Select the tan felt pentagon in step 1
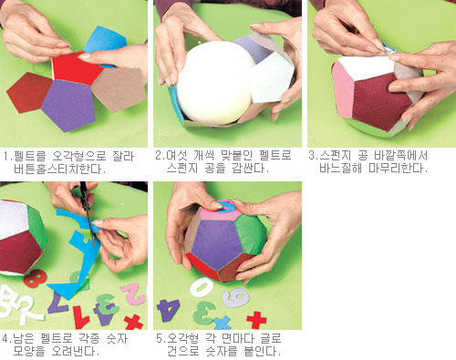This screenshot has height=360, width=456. tap(119, 88)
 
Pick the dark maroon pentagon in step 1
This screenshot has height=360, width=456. tap(29, 92)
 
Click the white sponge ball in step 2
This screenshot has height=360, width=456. tap(215, 83)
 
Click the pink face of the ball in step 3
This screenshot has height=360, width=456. tap(343, 89)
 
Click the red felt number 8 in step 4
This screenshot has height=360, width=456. tap(36, 278)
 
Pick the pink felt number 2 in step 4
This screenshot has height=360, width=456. tap(134, 294)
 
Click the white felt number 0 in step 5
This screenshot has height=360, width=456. tap(202, 287)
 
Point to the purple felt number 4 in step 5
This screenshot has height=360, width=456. tap(169, 310)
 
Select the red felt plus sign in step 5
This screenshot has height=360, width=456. tap(256, 320)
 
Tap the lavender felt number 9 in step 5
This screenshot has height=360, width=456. tap(235, 297)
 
